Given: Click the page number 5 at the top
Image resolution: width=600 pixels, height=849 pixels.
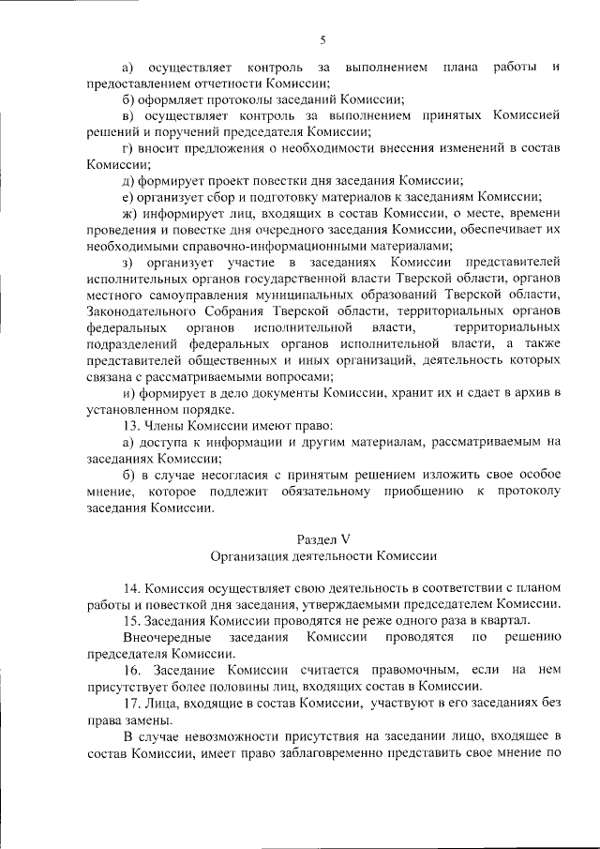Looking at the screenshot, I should [322, 38].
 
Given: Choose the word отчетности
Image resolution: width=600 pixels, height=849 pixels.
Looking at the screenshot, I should [217, 83].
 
